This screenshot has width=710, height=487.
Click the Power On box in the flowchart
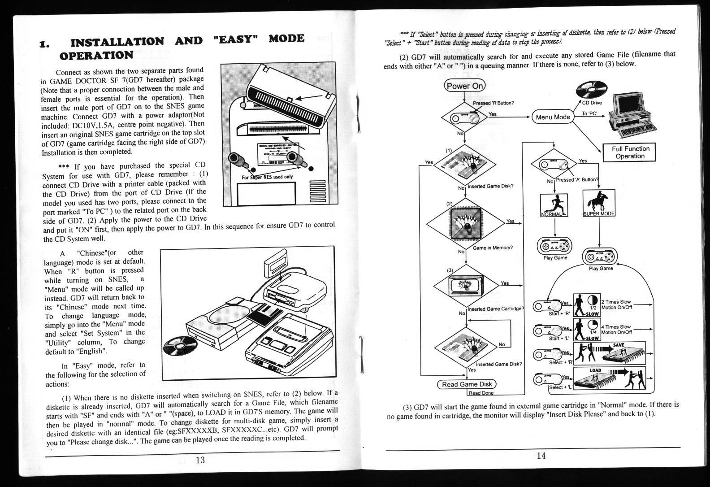(x=464, y=86)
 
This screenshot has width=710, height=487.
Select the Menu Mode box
(x=553, y=117)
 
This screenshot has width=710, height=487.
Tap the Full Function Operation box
(x=630, y=152)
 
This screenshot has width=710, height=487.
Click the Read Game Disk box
(x=467, y=384)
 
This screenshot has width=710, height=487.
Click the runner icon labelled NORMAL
(x=554, y=205)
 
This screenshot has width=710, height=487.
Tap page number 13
(x=200, y=460)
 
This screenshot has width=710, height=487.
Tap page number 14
(x=541, y=456)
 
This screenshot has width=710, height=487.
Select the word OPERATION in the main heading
(x=96, y=56)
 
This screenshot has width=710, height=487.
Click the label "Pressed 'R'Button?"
(x=493, y=103)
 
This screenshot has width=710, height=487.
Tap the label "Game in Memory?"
(x=492, y=248)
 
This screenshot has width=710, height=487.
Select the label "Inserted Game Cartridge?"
(x=495, y=309)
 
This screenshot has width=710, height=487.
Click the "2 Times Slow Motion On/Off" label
(x=616, y=304)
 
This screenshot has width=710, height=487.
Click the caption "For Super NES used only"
(x=267, y=177)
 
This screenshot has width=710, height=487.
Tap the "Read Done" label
(x=481, y=393)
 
